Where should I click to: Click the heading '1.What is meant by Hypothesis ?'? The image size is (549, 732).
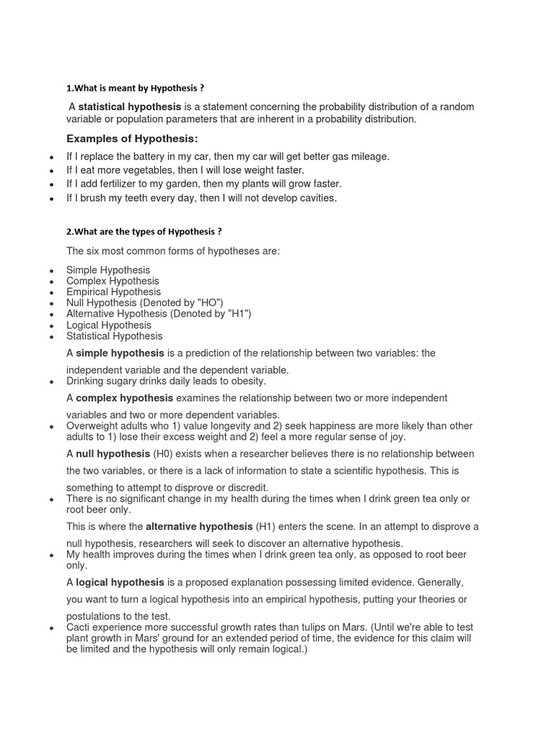tap(135, 88)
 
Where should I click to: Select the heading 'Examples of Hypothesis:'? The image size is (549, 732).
tap(132, 138)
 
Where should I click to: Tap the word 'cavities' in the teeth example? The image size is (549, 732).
tap(316, 197)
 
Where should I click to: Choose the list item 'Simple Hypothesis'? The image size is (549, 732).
tap(108, 270)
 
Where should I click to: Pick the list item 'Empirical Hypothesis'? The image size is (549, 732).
tap(114, 292)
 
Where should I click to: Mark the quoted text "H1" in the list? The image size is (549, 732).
tap(236, 314)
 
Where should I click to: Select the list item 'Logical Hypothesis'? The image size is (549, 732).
tap(109, 325)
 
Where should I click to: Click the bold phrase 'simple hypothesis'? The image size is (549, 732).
tap(120, 353)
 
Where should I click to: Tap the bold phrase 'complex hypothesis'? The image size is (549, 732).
tap(124, 397)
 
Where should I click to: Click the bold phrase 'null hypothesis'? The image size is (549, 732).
tap(113, 454)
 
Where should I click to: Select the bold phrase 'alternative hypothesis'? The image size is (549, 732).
tap(199, 526)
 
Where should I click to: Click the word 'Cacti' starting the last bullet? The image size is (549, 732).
tap(79, 627)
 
